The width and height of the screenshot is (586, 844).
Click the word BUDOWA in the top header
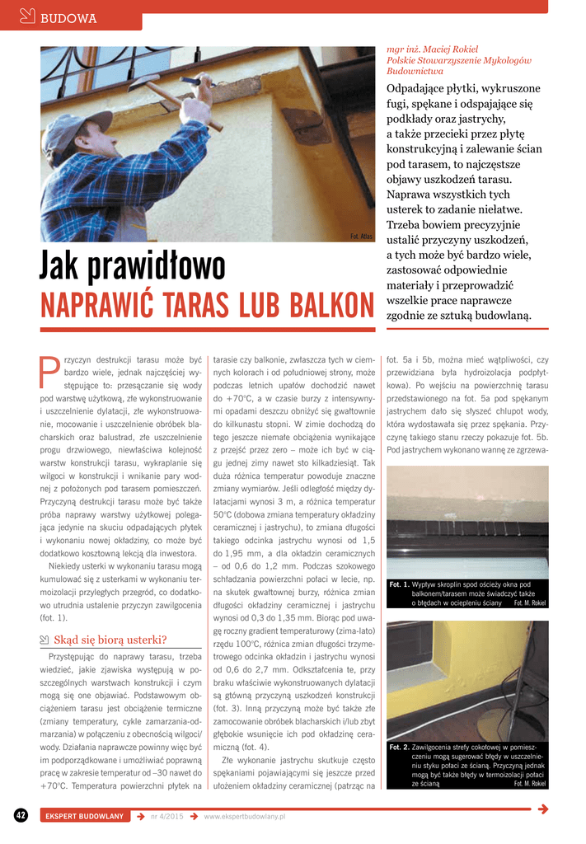click(69, 18)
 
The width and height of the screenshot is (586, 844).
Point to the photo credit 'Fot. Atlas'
click(362, 237)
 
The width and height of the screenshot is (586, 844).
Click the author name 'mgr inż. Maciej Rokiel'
click(432, 49)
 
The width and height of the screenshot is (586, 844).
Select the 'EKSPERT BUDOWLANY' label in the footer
click(84, 816)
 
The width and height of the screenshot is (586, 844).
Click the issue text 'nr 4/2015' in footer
click(165, 816)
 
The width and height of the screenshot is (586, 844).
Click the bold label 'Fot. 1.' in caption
click(399, 584)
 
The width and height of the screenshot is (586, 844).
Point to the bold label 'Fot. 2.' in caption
click(399, 747)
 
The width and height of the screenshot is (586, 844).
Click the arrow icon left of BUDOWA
click(26, 16)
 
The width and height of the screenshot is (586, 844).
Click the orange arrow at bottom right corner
click(542, 809)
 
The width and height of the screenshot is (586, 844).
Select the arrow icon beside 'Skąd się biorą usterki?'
click(45, 640)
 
